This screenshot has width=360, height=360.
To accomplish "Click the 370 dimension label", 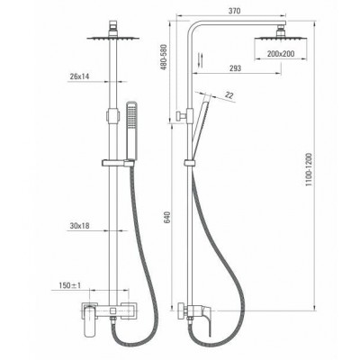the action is pyautogui.click(x=234, y=11).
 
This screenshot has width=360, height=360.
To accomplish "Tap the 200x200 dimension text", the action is pyautogui.click(x=281, y=54).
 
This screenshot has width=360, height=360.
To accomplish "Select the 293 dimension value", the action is pyautogui.click(x=235, y=68).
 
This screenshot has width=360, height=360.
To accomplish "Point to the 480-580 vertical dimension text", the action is pyautogui.click(x=164, y=58).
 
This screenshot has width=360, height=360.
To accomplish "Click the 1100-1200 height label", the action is pyautogui.click(x=310, y=170).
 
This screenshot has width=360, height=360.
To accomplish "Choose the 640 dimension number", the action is pyautogui.click(x=166, y=218).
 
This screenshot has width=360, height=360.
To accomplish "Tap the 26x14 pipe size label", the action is pyautogui.click(x=79, y=76).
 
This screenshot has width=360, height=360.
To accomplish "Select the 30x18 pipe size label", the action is pyautogui.click(x=79, y=226).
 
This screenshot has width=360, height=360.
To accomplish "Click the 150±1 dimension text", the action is pyautogui.click(x=70, y=285).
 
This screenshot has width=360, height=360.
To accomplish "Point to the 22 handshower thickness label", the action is pyautogui.click(x=229, y=95).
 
